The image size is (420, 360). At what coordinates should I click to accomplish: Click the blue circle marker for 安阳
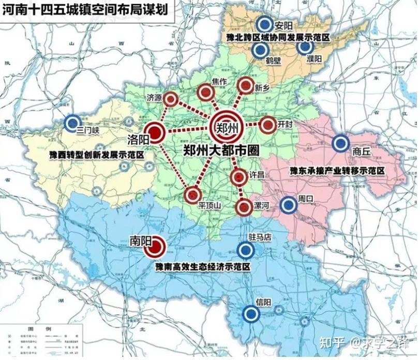pyautogui.click(x=264, y=24)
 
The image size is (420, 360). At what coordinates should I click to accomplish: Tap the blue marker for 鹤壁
pyautogui.click(x=260, y=50)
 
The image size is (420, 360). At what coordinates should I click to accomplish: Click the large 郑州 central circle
pyautogui.click(x=226, y=125)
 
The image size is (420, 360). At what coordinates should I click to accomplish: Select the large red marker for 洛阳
pyautogui.click(x=154, y=132)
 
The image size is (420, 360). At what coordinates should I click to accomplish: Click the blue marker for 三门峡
pyautogui.click(x=72, y=123)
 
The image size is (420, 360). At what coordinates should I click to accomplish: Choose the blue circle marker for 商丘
pyautogui.click(x=340, y=143)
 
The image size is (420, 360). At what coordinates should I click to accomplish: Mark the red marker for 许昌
pyautogui.click(x=238, y=177)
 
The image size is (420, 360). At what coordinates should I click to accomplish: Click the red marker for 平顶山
pyautogui.click(x=192, y=194)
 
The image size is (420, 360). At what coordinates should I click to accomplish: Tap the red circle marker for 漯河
pyautogui.click(x=243, y=207)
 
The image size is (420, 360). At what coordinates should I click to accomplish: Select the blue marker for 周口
pyautogui.click(x=288, y=206)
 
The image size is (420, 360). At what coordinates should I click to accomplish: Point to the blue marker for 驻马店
pyautogui.click(x=247, y=250)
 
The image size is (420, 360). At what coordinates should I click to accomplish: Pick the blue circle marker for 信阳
pyautogui.click(x=251, y=314)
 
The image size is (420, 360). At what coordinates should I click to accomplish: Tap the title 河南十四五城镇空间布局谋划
pyautogui.click(x=85, y=9)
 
